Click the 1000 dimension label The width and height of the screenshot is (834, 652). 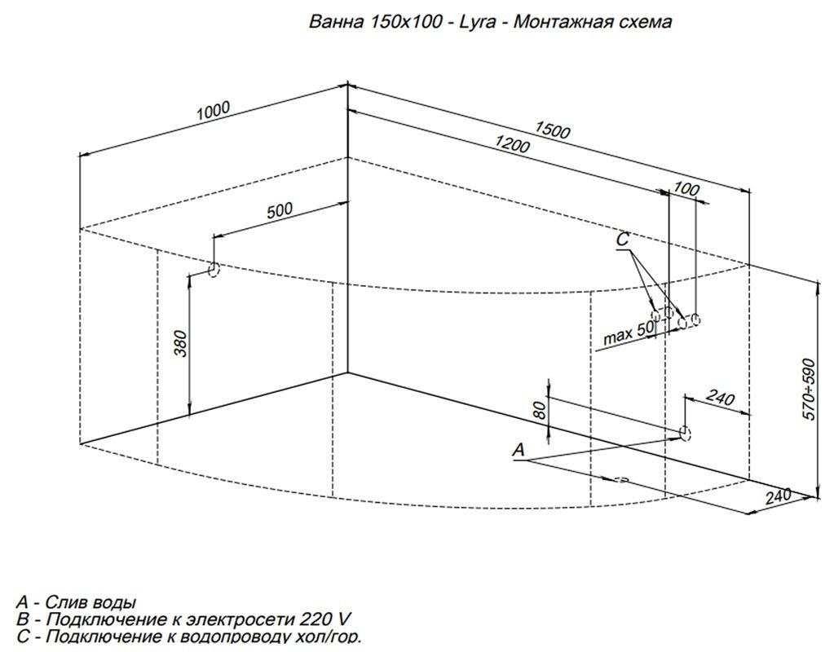(214, 111)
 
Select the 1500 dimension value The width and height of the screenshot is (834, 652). (552, 130)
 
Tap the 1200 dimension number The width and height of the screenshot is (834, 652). (512, 144)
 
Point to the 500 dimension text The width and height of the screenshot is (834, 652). (280, 210)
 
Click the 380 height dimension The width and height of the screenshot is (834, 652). (181, 344)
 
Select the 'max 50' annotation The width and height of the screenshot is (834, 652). (629, 333)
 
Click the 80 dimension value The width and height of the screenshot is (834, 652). (539, 410)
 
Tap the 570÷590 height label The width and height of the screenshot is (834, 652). (809, 390)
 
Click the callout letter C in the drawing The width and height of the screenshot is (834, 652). (623, 240)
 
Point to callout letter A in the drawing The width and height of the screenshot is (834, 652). (518, 450)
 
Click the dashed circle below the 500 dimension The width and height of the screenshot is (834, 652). (214, 270)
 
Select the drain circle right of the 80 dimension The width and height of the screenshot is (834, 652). (685, 433)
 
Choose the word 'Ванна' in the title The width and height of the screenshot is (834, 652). (336, 22)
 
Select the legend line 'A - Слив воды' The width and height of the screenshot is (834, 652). (76, 602)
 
